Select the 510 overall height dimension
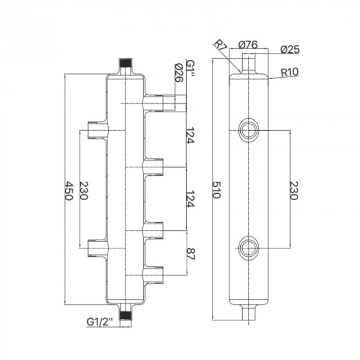tap(217, 190)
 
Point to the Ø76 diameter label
tap(249, 45)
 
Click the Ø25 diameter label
tap(290, 50)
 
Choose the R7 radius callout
tap(221, 46)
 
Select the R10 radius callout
tap(291, 73)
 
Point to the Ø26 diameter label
tap(179, 73)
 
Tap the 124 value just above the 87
tap(190, 198)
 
